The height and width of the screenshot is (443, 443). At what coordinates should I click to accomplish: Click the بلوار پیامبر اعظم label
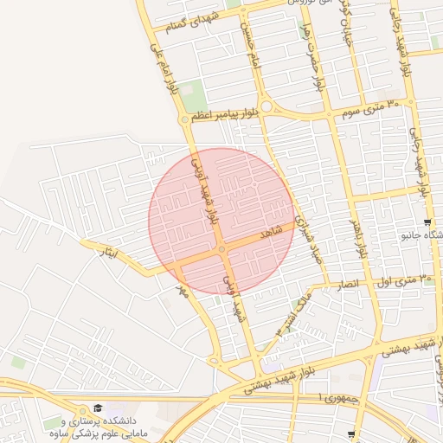(224, 112)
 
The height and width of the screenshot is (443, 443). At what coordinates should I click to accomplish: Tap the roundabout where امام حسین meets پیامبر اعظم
(266, 106)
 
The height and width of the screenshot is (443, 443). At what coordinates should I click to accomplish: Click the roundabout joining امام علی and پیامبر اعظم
(184, 120)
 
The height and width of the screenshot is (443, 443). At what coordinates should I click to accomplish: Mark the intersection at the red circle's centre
(222, 250)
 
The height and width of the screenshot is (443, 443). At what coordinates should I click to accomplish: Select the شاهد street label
(270, 234)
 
